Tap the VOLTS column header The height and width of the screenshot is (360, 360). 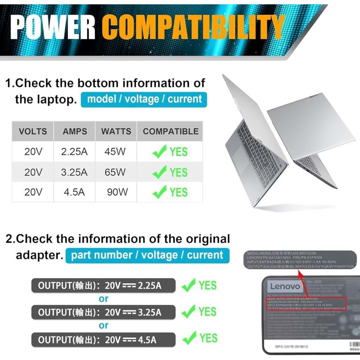(x=33, y=131)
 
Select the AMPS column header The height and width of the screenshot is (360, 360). (x=75, y=131)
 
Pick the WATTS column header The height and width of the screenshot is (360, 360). (x=116, y=131)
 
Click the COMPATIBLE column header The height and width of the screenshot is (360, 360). (x=171, y=131)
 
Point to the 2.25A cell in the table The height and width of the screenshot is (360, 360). (x=74, y=152)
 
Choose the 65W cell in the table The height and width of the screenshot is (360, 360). (x=115, y=172)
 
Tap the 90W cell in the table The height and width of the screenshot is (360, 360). (x=117, y=192)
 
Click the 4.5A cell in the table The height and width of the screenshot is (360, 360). (x=74, y=192)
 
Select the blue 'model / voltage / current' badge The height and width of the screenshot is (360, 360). (x=144, y=99)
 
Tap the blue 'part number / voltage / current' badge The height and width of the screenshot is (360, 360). (x=147, y=255)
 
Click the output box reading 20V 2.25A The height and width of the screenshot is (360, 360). (x=103, y=286)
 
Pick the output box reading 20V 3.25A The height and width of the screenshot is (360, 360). (x=103, y=312)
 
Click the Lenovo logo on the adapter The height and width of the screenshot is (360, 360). (x=284, y=287)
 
